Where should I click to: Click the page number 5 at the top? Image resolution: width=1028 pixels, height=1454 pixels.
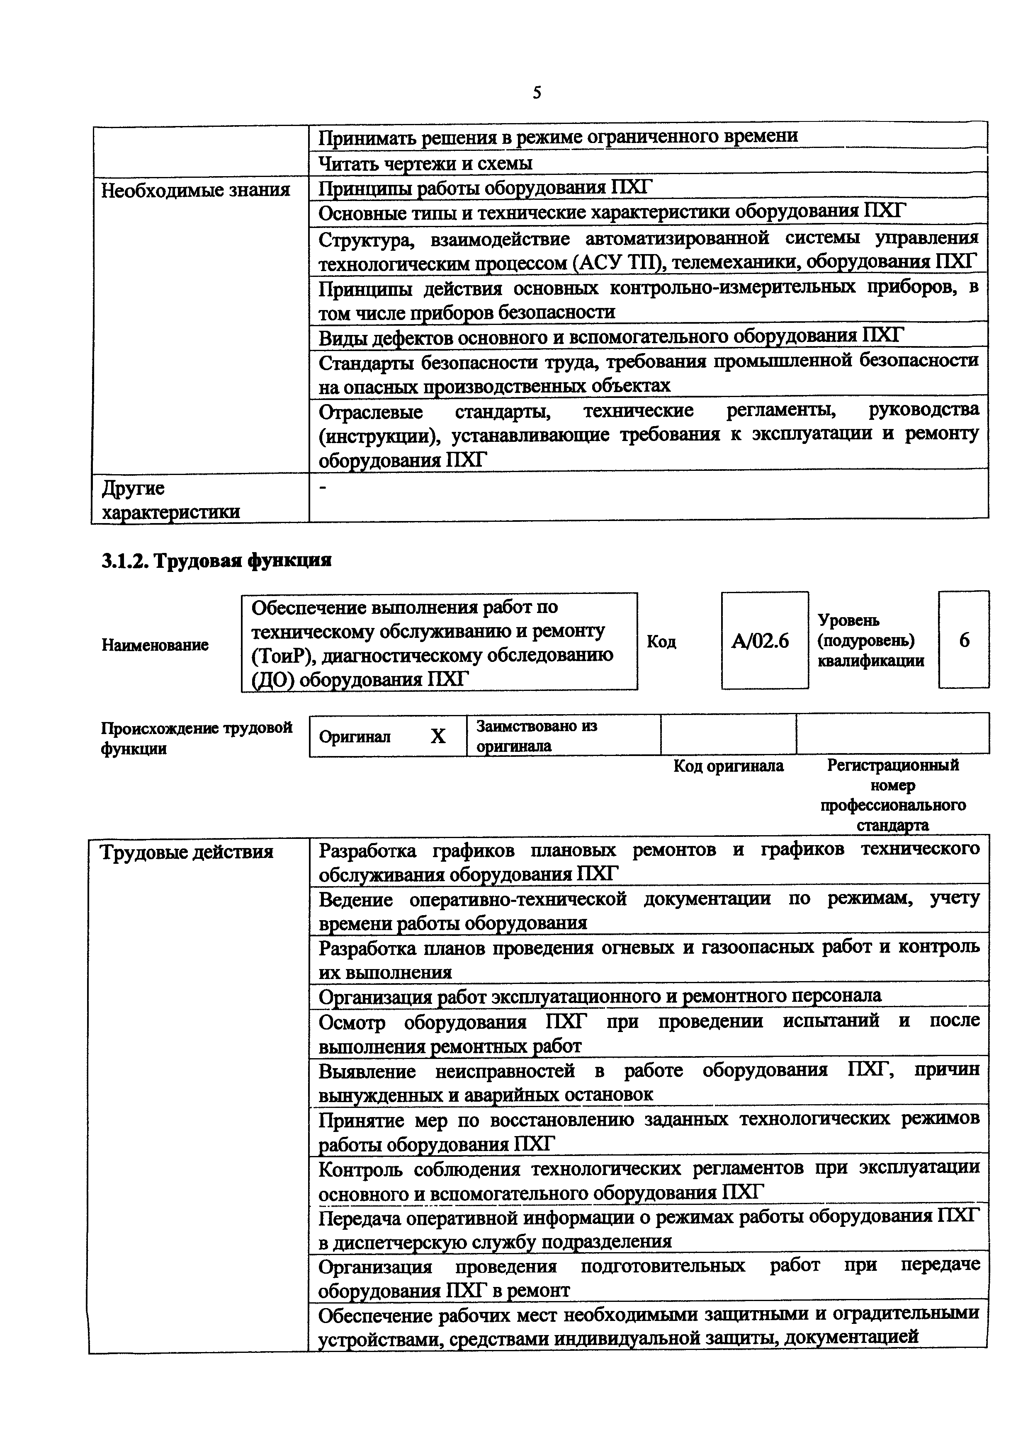537,93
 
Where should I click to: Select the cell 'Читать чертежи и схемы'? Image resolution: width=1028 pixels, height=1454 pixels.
425,163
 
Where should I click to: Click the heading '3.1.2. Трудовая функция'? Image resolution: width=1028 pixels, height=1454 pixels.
216,560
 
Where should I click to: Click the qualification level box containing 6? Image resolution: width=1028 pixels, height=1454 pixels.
963,640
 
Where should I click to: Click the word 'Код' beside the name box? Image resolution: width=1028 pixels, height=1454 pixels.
661,642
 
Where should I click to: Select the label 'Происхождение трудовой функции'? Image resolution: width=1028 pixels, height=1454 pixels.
196,738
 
